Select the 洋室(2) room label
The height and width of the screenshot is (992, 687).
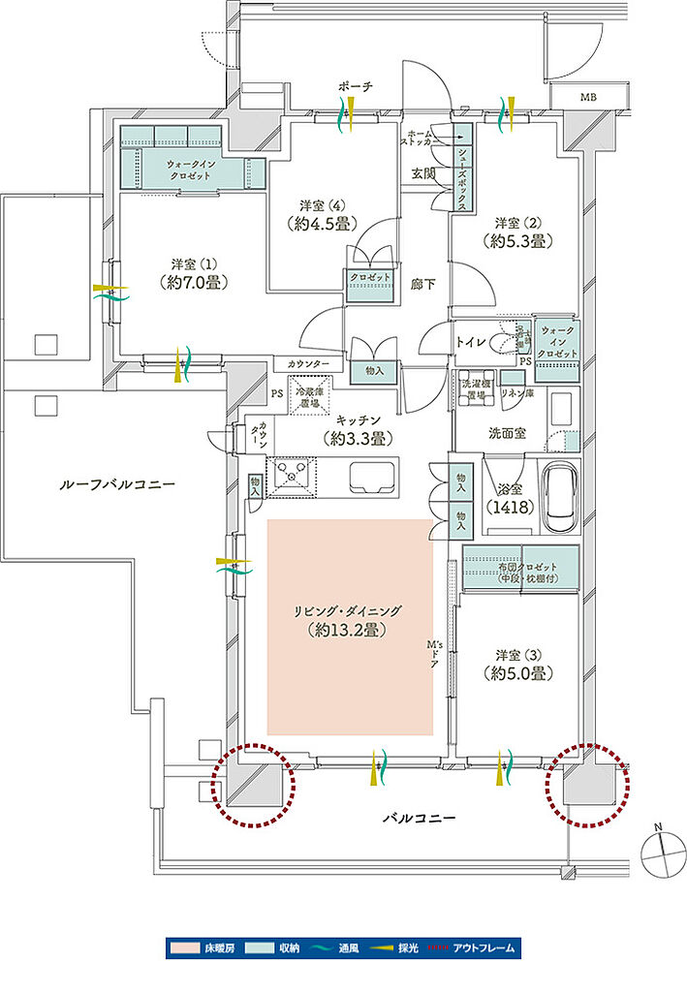511,231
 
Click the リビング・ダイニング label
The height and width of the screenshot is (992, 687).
349,621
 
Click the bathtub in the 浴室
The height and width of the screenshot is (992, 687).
560,497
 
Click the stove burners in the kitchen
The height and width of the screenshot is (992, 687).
293,476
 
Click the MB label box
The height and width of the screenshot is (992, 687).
588,98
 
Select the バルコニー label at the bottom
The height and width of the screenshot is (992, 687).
418,819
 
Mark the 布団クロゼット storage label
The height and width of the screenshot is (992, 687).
520,569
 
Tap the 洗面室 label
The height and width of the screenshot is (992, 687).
507,433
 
